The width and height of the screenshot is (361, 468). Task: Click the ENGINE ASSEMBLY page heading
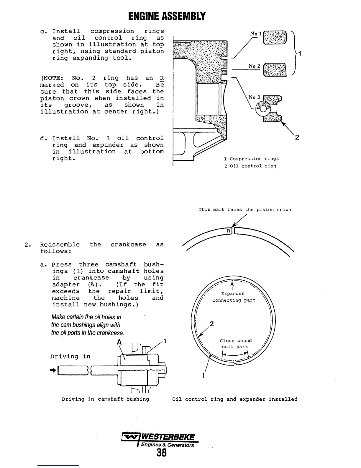coord(167,16)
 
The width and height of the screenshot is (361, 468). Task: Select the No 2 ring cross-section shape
coord(275,70)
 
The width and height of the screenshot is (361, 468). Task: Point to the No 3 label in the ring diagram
coord(255,97)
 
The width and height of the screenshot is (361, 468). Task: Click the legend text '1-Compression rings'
coord(251,159)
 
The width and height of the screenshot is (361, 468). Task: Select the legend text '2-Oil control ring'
coord(250,166)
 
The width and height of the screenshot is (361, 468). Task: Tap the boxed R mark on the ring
coord(229,231)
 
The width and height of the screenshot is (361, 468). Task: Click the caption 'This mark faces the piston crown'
coord(245,209)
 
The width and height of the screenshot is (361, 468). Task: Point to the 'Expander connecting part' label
coord(234,297)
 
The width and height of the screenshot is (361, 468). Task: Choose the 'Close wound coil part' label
coord(235,344)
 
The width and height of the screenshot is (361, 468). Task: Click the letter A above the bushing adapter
coord(119,342)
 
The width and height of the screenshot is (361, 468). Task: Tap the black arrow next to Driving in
coord(53,370)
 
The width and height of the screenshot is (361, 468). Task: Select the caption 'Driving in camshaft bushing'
coord(105,399)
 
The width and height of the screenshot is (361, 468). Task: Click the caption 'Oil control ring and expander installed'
coord(235,399)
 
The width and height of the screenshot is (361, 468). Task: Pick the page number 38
coord(162,452)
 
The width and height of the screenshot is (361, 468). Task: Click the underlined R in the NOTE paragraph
coord(162,78)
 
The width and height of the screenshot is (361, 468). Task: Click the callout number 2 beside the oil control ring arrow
coord(297,137)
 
